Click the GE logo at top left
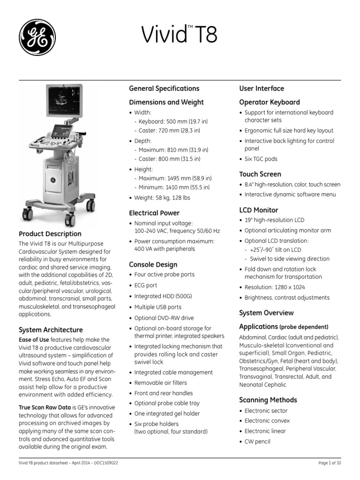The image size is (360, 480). [37, 37]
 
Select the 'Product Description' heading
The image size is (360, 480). [50, 233]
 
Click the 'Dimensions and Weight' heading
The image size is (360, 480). [166, 102]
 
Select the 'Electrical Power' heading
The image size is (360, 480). [154, 213]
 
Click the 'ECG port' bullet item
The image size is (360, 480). [146, 285]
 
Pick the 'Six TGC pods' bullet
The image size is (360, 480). [261, 159]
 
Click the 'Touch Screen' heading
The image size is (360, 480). [260, 174]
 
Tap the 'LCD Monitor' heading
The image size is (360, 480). [258, 210]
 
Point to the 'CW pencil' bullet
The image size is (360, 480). [257, 441]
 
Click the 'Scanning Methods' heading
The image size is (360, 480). [268, 400]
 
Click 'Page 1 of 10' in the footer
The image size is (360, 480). [330, 463]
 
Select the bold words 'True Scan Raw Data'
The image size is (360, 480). [45, 407]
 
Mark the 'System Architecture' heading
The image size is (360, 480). [51, 330]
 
